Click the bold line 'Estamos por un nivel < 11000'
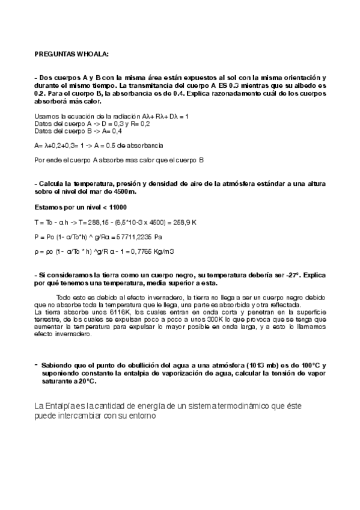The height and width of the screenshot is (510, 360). [76, 207]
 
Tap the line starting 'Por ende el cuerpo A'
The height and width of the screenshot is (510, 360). [120, 160]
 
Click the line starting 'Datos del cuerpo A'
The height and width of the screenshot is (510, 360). [92, 123]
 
